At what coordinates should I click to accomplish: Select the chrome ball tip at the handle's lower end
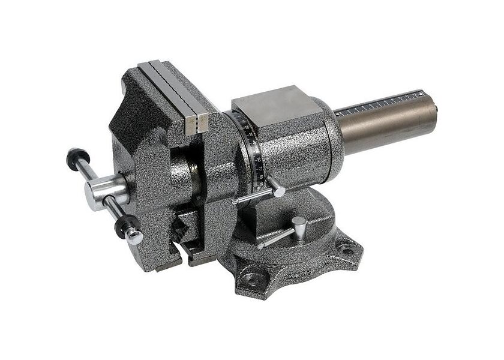coord(134,237)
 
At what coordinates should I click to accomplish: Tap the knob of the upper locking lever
coord(279,191)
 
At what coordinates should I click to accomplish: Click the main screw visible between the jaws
coord(193,174)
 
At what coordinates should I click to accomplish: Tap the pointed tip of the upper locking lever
coord(235,202)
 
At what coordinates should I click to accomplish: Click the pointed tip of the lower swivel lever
coord(260,245)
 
